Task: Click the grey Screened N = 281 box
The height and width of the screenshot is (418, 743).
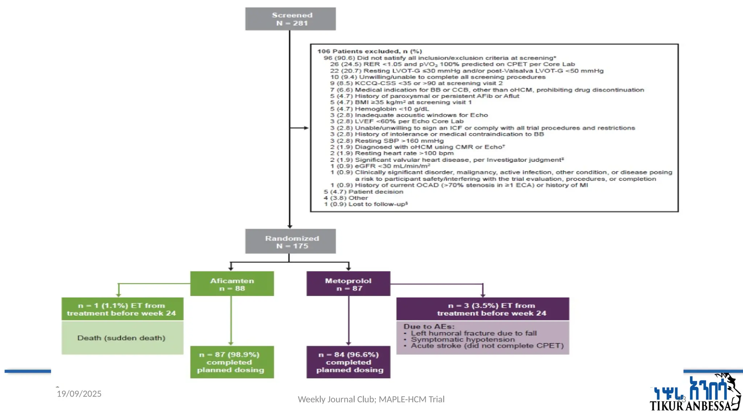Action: click(x=290, y=19)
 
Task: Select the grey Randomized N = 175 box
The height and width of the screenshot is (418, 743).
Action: click(x=290, y=241)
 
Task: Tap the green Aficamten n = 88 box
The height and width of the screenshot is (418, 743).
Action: click(x=232, y=284)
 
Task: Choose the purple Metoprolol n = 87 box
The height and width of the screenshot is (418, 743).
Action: click(x=348, y=284)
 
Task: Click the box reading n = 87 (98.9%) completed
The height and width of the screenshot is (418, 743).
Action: click(x=232, y=362)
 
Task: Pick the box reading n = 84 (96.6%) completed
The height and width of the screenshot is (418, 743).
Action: click(x=348, y=362)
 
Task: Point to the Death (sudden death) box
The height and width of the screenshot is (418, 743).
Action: click(x=122, y=338)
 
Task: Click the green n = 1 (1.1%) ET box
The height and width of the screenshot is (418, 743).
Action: click(x=122, y=309)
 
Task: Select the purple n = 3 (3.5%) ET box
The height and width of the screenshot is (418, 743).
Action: click(x=483, y=309)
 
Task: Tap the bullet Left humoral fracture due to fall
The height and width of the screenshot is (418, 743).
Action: click(x=473, y=333)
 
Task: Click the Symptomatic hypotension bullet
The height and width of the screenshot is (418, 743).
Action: click(x=462, y=340)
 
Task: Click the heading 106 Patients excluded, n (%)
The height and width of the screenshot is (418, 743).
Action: click(x=369, y=52)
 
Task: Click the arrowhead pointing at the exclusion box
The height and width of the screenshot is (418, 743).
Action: click(x=307, y=128)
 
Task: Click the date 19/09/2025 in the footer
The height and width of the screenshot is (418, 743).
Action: click(x=79, y=394)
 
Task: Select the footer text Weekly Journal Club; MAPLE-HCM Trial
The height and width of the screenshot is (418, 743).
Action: click(x=371, y=399)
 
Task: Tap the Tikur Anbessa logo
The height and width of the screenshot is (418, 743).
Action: click(x=695, y=393)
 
